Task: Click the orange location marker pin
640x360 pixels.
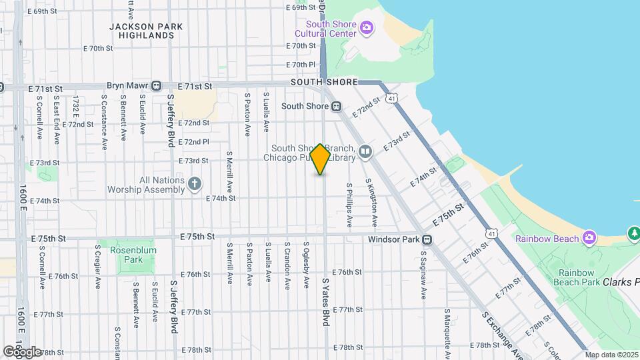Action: (321, 159)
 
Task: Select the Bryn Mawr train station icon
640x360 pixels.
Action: (156, 86)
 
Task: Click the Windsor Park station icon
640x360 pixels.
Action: (427, 239)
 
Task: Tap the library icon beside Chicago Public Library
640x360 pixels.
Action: (365, 152)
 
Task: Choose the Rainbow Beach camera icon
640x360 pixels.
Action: (589, 237)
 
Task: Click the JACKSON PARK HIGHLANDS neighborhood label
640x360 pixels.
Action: (147, 31)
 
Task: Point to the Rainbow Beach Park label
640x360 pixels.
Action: (577, 277)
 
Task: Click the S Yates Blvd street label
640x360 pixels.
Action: (326, 302)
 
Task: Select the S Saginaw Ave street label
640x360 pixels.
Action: (423, 275)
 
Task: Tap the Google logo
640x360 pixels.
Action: (22, 351)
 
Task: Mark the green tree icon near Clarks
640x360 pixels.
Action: (633, 233)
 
